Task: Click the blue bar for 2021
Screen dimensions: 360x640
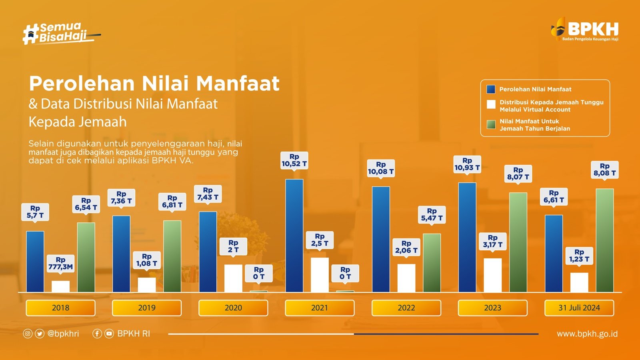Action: [x=294, y=236]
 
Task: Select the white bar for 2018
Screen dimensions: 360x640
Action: [x=60, y=286]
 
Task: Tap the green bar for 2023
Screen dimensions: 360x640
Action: [x=518, y=242]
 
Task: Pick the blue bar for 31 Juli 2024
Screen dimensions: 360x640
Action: [x=554, y=254]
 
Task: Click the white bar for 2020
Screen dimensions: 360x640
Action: [x=233, y=278]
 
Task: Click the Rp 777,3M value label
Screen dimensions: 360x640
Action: [x=60, y=263]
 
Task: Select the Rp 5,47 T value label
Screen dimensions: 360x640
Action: [x=432, y=214]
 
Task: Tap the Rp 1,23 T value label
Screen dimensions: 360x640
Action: [x=579, y=256]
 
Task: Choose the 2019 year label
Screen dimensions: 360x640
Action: [x=147, y=308]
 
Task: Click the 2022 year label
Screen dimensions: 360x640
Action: [x=406, y=308]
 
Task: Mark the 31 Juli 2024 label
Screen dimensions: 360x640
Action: [x=579, y=308]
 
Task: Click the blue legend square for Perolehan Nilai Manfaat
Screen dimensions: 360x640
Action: [x=491, y=89]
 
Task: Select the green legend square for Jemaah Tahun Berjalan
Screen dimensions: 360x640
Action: [x=491, y=125]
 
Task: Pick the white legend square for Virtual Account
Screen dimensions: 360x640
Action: [x=491, y=104]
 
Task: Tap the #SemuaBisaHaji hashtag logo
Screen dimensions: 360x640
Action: [x=60, y=33]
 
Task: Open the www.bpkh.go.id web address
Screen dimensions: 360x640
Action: [x=587, y=334]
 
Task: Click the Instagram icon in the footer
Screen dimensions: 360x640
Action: [x=28, y=334]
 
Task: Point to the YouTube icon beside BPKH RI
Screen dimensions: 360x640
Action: [x=109, y=334]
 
